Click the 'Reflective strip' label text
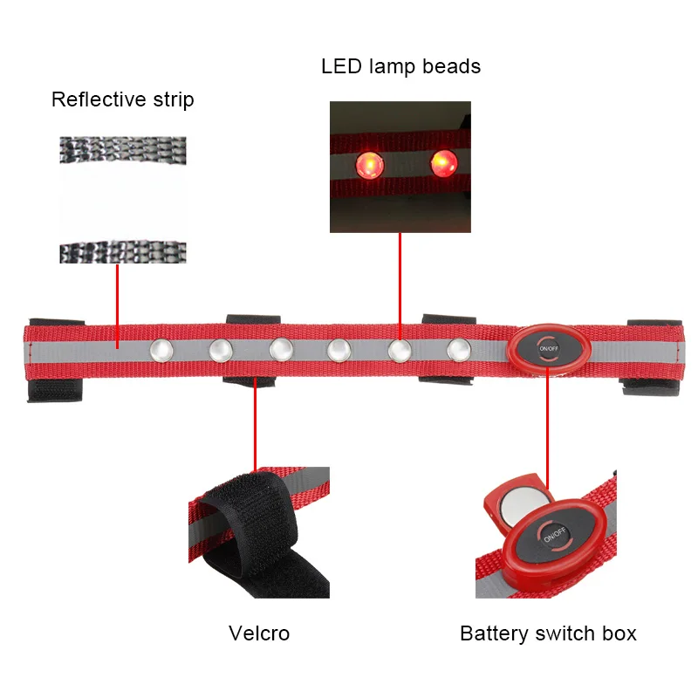pyautogui.click(x=122, y=99)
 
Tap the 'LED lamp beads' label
pyautogui.click(x=400, y=66)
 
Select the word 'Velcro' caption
pyautogui.click(x=259, y=633)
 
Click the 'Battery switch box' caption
pyautogui.click(x=548, y=633)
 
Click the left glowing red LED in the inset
pyautogui.click(x=367, y=163)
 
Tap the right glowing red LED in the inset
pyautogui.click(x=443, y=162)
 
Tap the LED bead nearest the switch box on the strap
pyautogui.click(x=459, y=349)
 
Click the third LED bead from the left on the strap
pyautogui.click(x=280, y=349)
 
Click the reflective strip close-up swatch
pyautogui.click(x=122, y=200)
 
